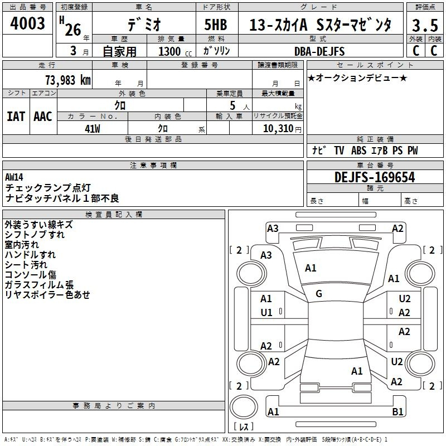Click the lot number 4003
(x=27, y=23)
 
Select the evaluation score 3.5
(x=425, y=25)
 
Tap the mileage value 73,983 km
(x=68, y=80)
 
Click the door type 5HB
(x=216, y=25)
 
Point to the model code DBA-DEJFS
(x=319, y=51)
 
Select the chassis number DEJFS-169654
(x=375, y=177)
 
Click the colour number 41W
(x=93, y=129)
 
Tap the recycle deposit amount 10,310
(x=278, y=128)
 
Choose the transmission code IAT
(x=16, y=117)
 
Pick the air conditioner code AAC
(x=43, y=117)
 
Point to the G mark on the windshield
(x=319, y=294)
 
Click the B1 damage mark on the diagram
(x=397, y=411)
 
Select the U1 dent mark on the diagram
(x=266, y=313)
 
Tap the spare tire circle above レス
(x=244, y=407)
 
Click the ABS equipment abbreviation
(x=358, y=150)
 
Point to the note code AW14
(x=14, y=177)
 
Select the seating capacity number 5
(x=232, y=105)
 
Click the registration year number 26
(x=73, y=30)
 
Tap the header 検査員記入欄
(x=114, y=215)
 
